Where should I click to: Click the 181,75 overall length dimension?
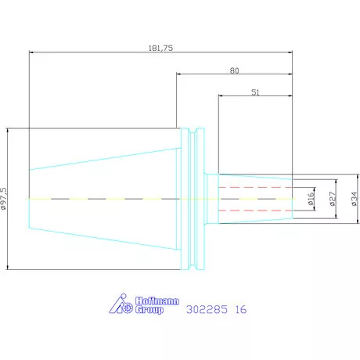tap(160, 48)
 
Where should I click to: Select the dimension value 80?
tap(234, 70)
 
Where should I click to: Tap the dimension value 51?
tap(255, 92)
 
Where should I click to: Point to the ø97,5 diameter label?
tap(4, 199)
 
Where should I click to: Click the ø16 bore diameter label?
tap(311, 199)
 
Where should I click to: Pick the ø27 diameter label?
tap(332, 199)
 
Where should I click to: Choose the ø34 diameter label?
tap(354, 199)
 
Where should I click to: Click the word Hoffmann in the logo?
tap(157, 301)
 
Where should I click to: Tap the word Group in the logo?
tap(149, 310)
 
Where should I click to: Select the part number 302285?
tap(207, 309)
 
